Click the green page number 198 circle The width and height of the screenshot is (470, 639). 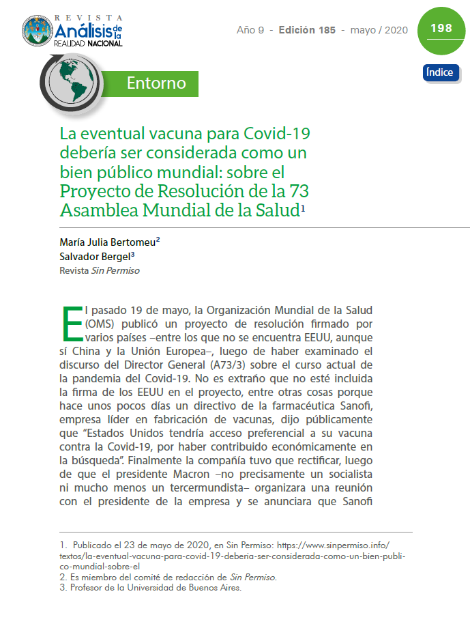441,29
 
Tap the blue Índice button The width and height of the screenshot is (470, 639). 441,72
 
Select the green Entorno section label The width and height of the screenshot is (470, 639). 156,83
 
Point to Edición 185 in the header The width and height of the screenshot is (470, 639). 307,31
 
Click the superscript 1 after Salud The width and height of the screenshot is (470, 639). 303,207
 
